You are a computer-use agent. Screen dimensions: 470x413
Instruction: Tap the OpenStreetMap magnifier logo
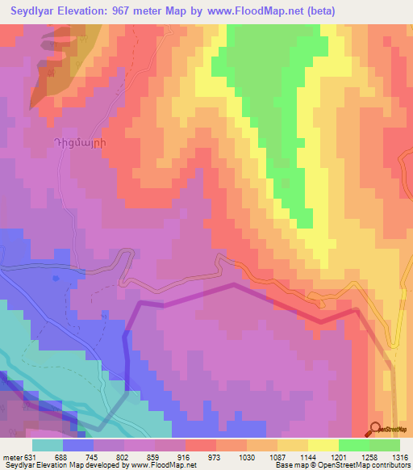(378, 429)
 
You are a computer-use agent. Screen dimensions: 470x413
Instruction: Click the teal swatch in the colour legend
(48, 445)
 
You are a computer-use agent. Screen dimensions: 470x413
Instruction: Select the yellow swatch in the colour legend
(323, 445)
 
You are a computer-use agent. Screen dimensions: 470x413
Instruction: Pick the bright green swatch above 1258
(353, 445)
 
